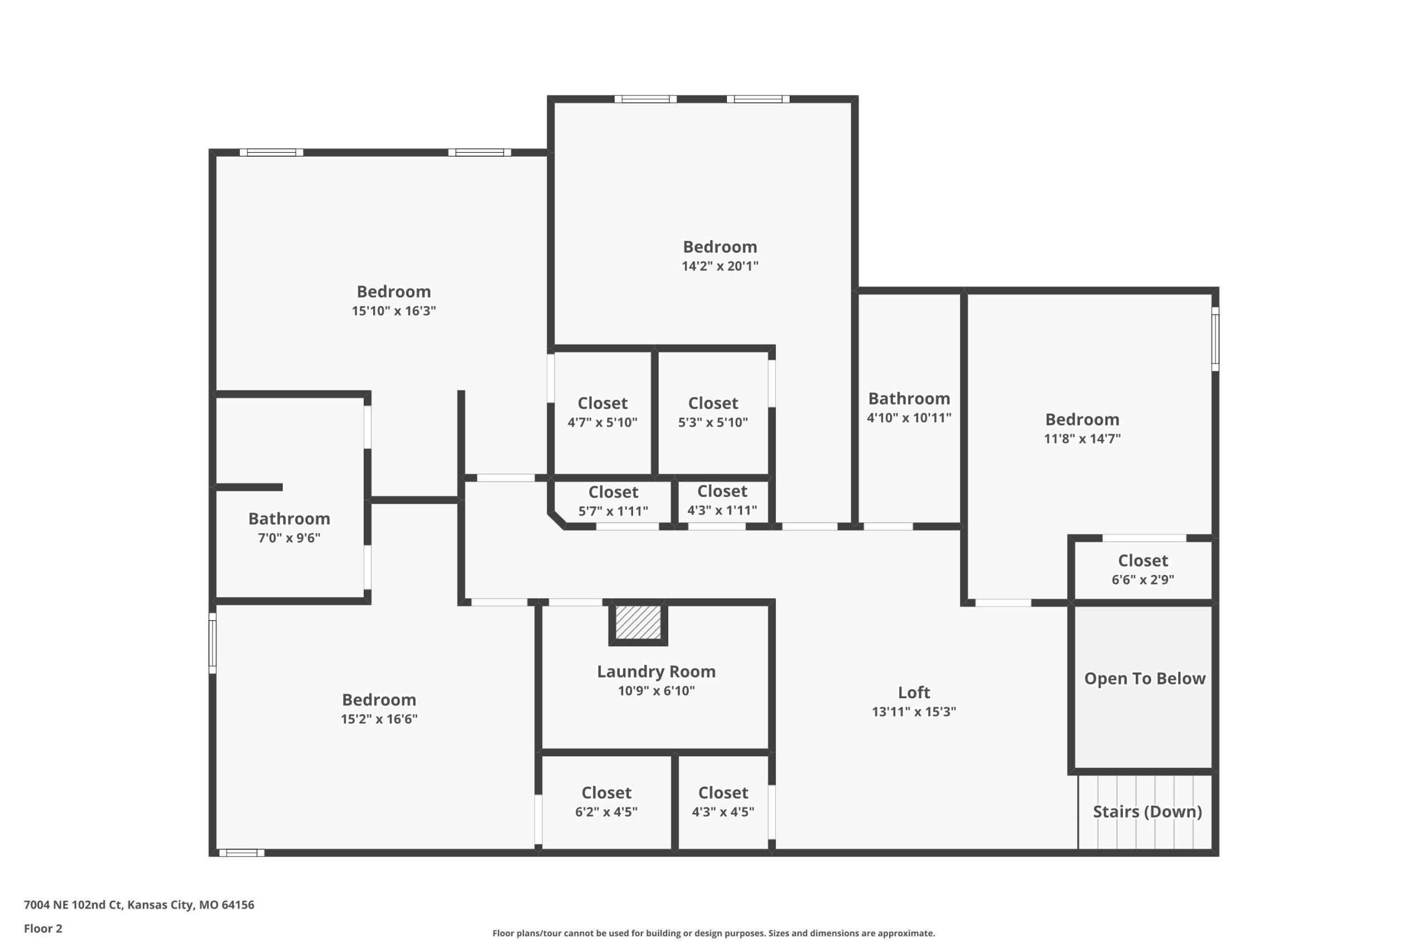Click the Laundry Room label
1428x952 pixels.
click(x=656, y=671)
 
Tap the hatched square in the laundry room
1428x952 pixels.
click(x=638, y=622)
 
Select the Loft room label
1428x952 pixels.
click(x=914, y=692)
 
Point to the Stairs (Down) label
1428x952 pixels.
click(x=1147, y=812)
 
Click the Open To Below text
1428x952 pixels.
click(x=1145, y=679)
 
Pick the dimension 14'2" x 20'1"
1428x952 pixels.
click(x=720, y=266)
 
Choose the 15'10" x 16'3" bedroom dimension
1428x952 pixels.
click(x=393, y=311)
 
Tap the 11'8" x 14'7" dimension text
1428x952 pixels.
click(x=1082, y=438)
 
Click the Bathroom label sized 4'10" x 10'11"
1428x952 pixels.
click(x=909, y=398)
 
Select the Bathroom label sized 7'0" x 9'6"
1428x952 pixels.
click(x=289, y=519)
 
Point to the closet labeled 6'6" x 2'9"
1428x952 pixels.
click(x=1142, y=560)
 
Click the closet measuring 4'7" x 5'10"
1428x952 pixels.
click(x=602, y=403)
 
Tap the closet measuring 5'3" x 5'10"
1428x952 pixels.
click(x=713, y=403)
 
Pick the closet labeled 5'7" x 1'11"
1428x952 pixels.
click(x=613, y=492)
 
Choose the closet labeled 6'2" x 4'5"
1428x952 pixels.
click(x=606, y=792)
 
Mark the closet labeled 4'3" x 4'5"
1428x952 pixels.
click(x=723, y=792)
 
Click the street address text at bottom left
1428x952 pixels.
click(x=139, y=905)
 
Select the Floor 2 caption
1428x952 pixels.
click(x=43, y=929)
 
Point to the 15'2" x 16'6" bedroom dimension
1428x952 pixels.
click(x=379, y=719)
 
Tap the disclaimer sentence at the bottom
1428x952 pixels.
click(x=713, y=933)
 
